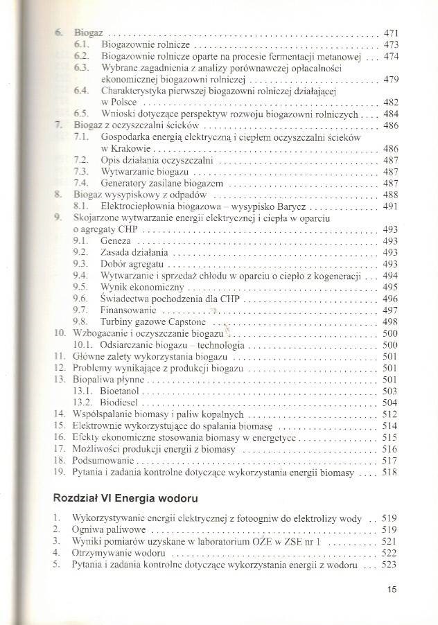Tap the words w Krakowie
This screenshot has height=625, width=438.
(126, 149)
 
